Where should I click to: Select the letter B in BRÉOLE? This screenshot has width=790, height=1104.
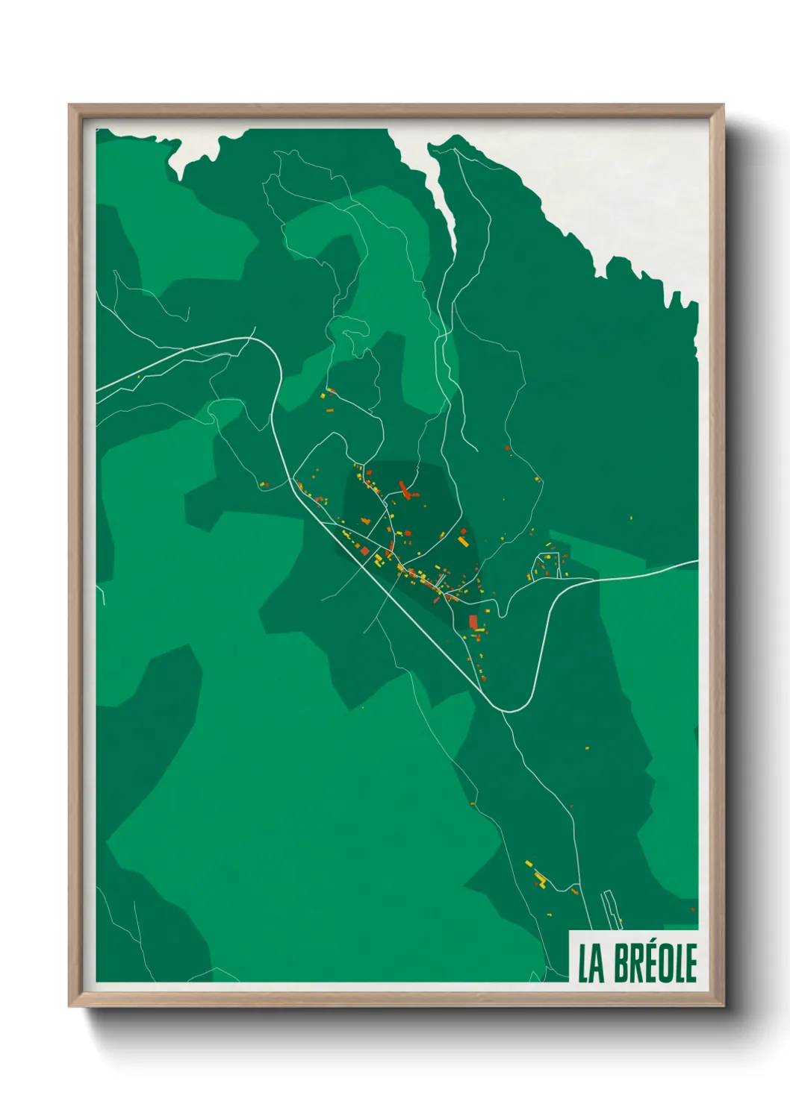pyautogui.click(x=624, y=963)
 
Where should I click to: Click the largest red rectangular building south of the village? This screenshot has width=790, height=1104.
pyautogui.click(x=473, y=622)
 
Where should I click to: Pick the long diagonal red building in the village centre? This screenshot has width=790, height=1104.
pyautogui.click(x=405, y=489)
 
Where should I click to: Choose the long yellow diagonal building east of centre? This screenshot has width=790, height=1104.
pyautogui.click(x=463, y=539)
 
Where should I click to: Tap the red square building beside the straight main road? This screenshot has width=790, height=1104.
pyautogui.click(x=365, y=551)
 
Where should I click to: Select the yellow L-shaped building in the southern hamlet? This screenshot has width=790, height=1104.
pyautogui.click(x=540, y=878)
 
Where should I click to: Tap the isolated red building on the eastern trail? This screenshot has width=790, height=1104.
pyautogui.click(x=508, y=448)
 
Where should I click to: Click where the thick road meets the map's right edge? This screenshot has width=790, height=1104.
pyautogui.click(x=697, y=562)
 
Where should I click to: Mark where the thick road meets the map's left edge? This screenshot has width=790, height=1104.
pyautogui.click(x=98, y=389)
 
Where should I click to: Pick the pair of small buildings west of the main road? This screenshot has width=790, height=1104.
pyautogui.click(x=263, y=485)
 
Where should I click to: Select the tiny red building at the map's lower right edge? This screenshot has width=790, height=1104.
pyautogui.click(x=693, y=909)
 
